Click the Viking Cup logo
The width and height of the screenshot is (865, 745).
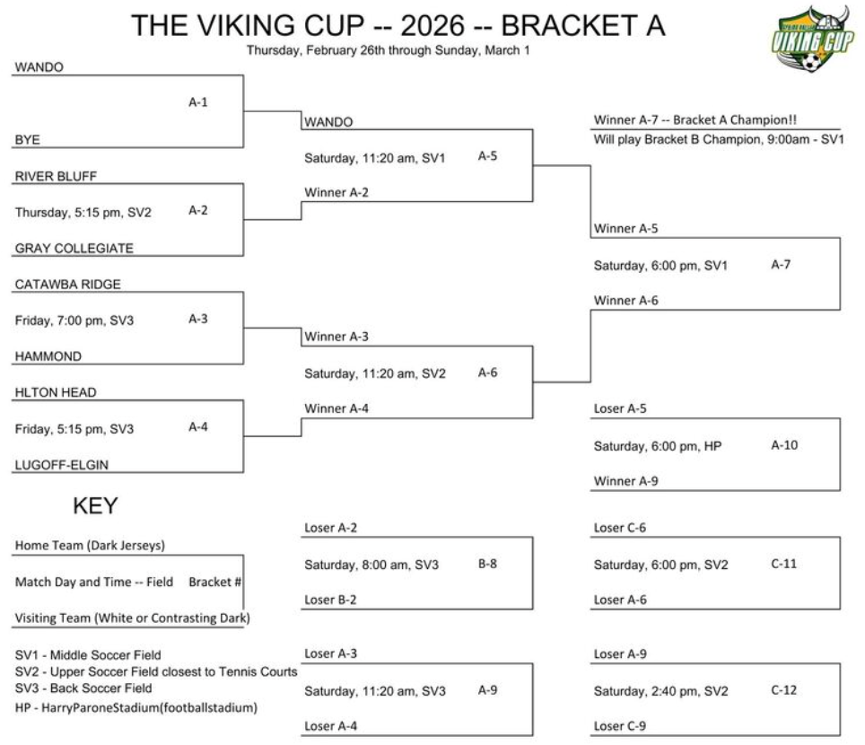[x=812, y=39]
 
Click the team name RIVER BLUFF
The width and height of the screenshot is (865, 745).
[x=56, y=176]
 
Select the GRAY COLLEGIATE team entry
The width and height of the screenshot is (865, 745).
[x=74, y=249]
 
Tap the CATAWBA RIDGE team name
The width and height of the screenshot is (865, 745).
[x=68, y=285]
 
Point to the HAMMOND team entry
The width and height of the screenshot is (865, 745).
[x=48, y=356]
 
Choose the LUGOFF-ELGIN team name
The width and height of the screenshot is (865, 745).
[x=62, y=465]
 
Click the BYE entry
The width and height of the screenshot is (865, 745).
[x=28, y=140]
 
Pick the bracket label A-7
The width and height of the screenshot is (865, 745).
[x=781, y=264]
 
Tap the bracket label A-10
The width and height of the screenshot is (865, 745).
[x=784, y=445]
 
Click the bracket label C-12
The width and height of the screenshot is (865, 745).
[x=784, y=690]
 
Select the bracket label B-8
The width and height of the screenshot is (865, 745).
[x=487, y=564]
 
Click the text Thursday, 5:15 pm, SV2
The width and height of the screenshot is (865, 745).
[x=83, y=213]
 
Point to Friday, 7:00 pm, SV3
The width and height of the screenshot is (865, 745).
[x=74, y=320]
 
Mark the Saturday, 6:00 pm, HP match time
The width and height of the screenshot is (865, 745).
[x=658, y=446]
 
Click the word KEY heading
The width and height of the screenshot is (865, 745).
[x=95, y=505]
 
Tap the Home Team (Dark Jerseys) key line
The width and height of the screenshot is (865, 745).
[x=90, y=545]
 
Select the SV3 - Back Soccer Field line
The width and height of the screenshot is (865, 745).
[x=83, y=688]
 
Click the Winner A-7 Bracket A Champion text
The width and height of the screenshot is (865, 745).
[x=695, y=119]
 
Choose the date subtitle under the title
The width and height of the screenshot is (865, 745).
[x=389, y=50]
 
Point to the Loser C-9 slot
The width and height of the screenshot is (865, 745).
[x=620, y=725]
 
